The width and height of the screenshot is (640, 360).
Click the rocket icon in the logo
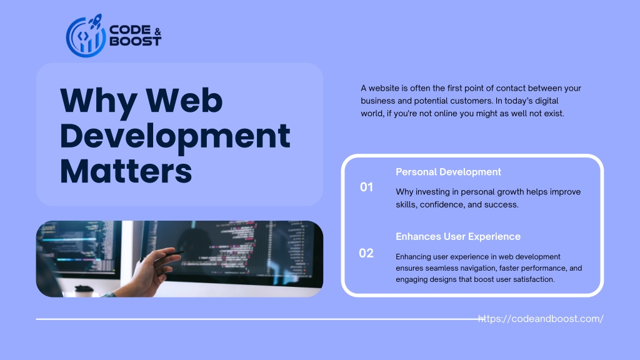(x=95, y=21)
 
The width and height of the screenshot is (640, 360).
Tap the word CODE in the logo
(x=130, y=30)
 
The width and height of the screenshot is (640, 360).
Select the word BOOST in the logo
(x=136, y=41)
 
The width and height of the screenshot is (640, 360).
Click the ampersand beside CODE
(x=158, y=32)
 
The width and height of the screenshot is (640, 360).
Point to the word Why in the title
(x=98, y=101)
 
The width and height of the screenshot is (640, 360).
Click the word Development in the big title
(x=175, y=136)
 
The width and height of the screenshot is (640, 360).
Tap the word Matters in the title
(x=126, y=171)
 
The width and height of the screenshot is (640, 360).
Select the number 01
(x=366, y=187)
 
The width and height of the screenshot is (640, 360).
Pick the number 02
(x=366, y=253)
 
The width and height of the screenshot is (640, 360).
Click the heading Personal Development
(x=448, y=172)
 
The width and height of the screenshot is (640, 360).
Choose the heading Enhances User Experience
(x=458, y=236)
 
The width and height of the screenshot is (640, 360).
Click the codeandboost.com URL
(x=541, y=319)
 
